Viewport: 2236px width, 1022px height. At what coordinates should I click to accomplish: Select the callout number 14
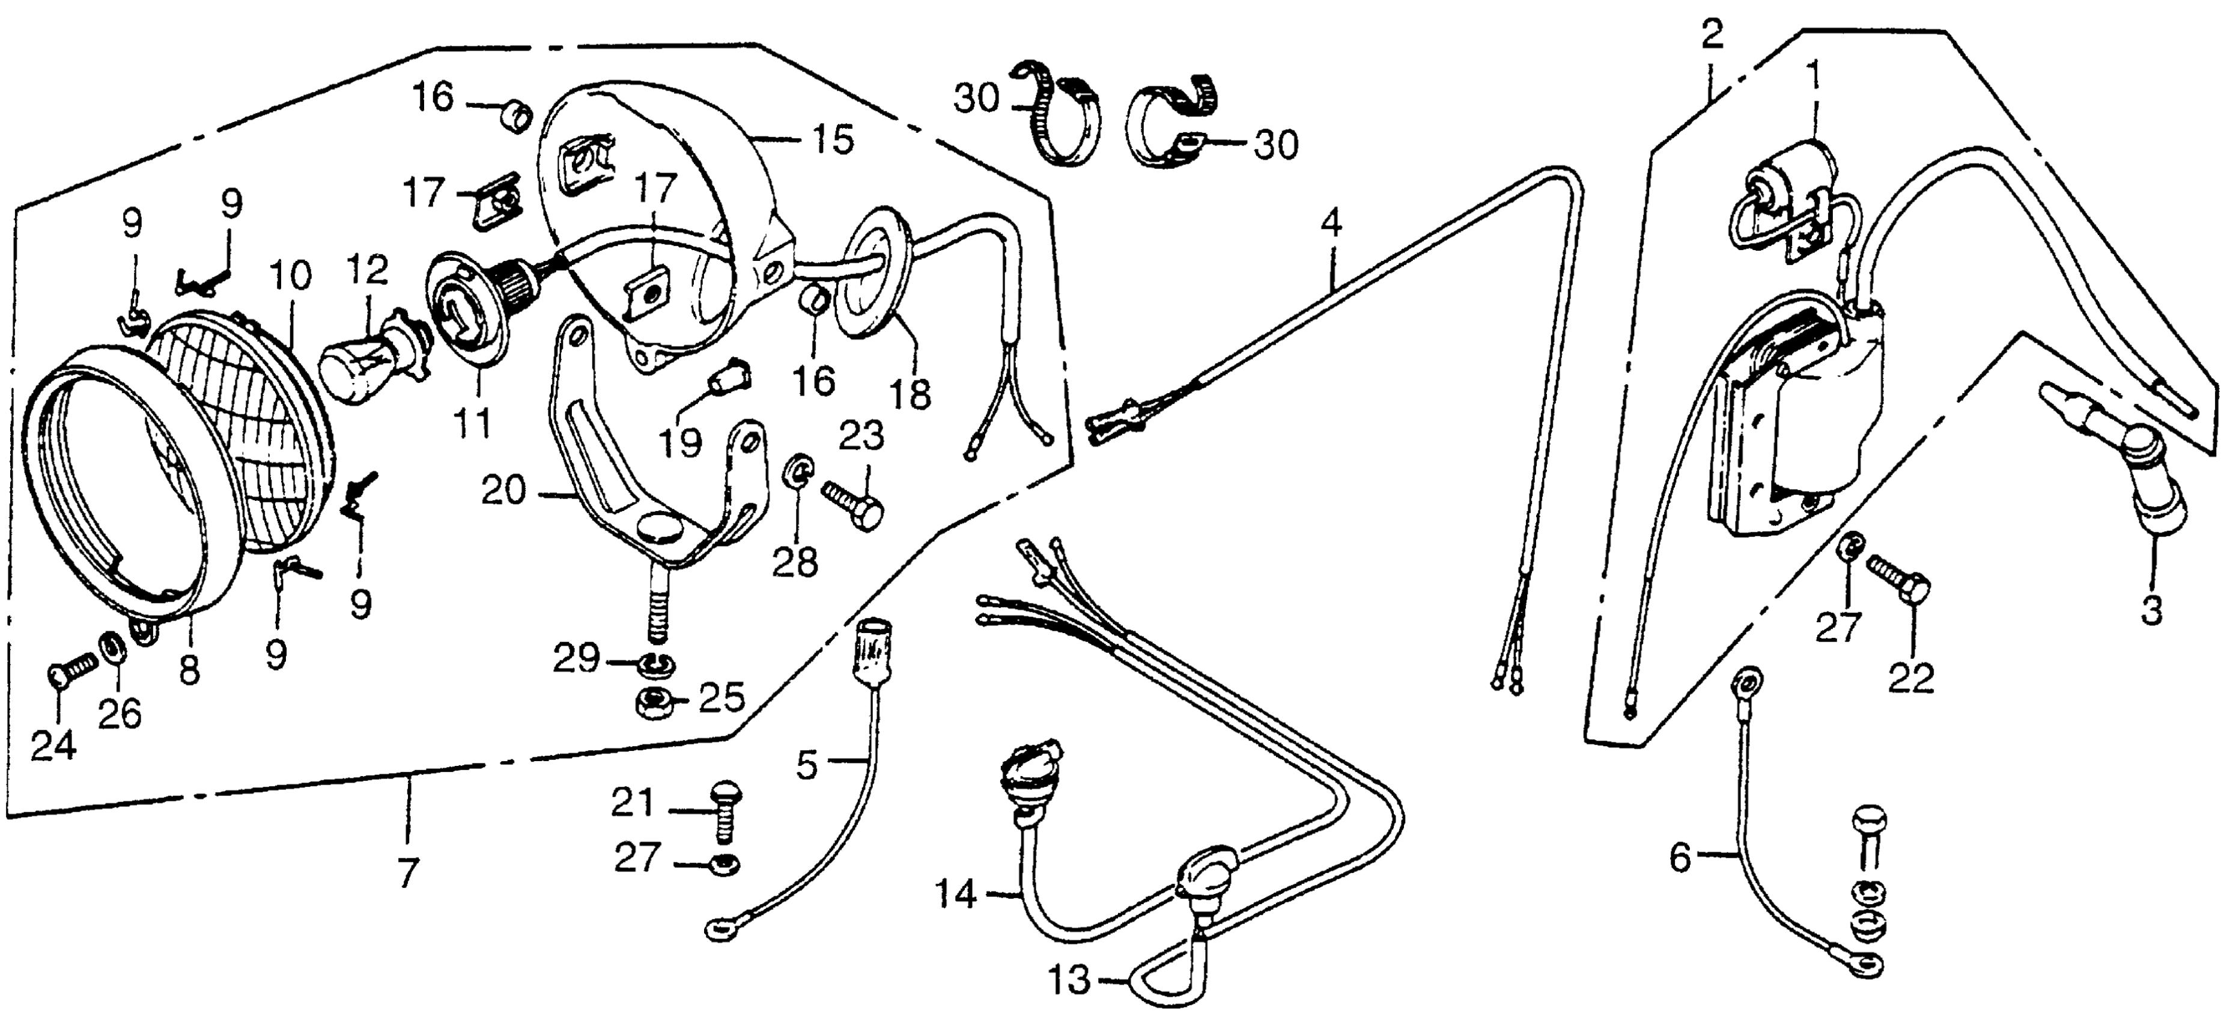[x=956, y=895]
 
